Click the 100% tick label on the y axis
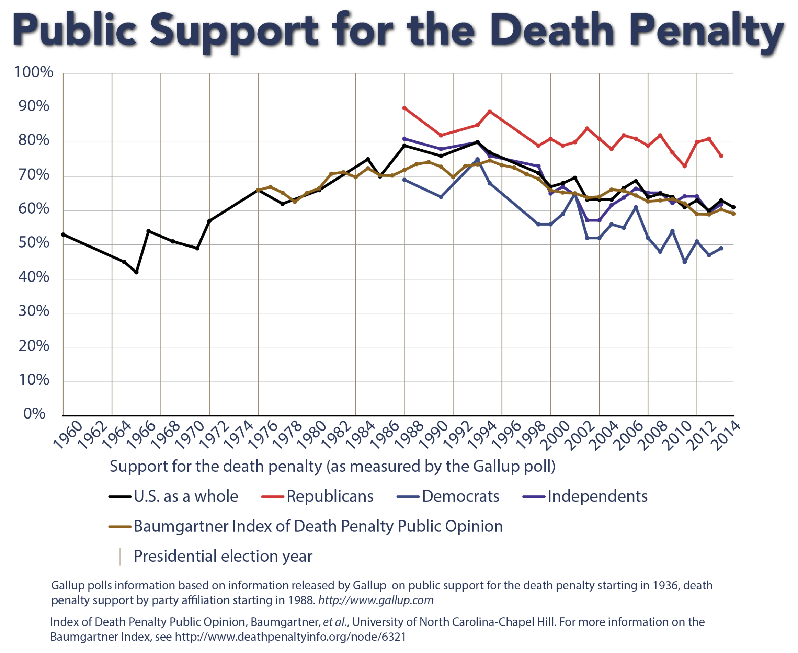tap(34, 72)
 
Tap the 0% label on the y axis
tap(34, 414)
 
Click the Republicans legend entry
tap(330, 496)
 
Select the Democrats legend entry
tap(460, 496)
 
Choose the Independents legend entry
tap(597, 496)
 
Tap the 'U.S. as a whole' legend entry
tap(186, 496)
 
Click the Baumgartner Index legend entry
tap(318, 526)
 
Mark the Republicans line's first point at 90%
tap(404, 108)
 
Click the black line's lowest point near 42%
tap(137, 272)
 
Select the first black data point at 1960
tap(63, 234)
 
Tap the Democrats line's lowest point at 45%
tap(685, 262)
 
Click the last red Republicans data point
tap(721, 156)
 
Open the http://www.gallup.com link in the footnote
tap(376, 600)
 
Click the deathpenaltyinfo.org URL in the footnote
tap(290, 637)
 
